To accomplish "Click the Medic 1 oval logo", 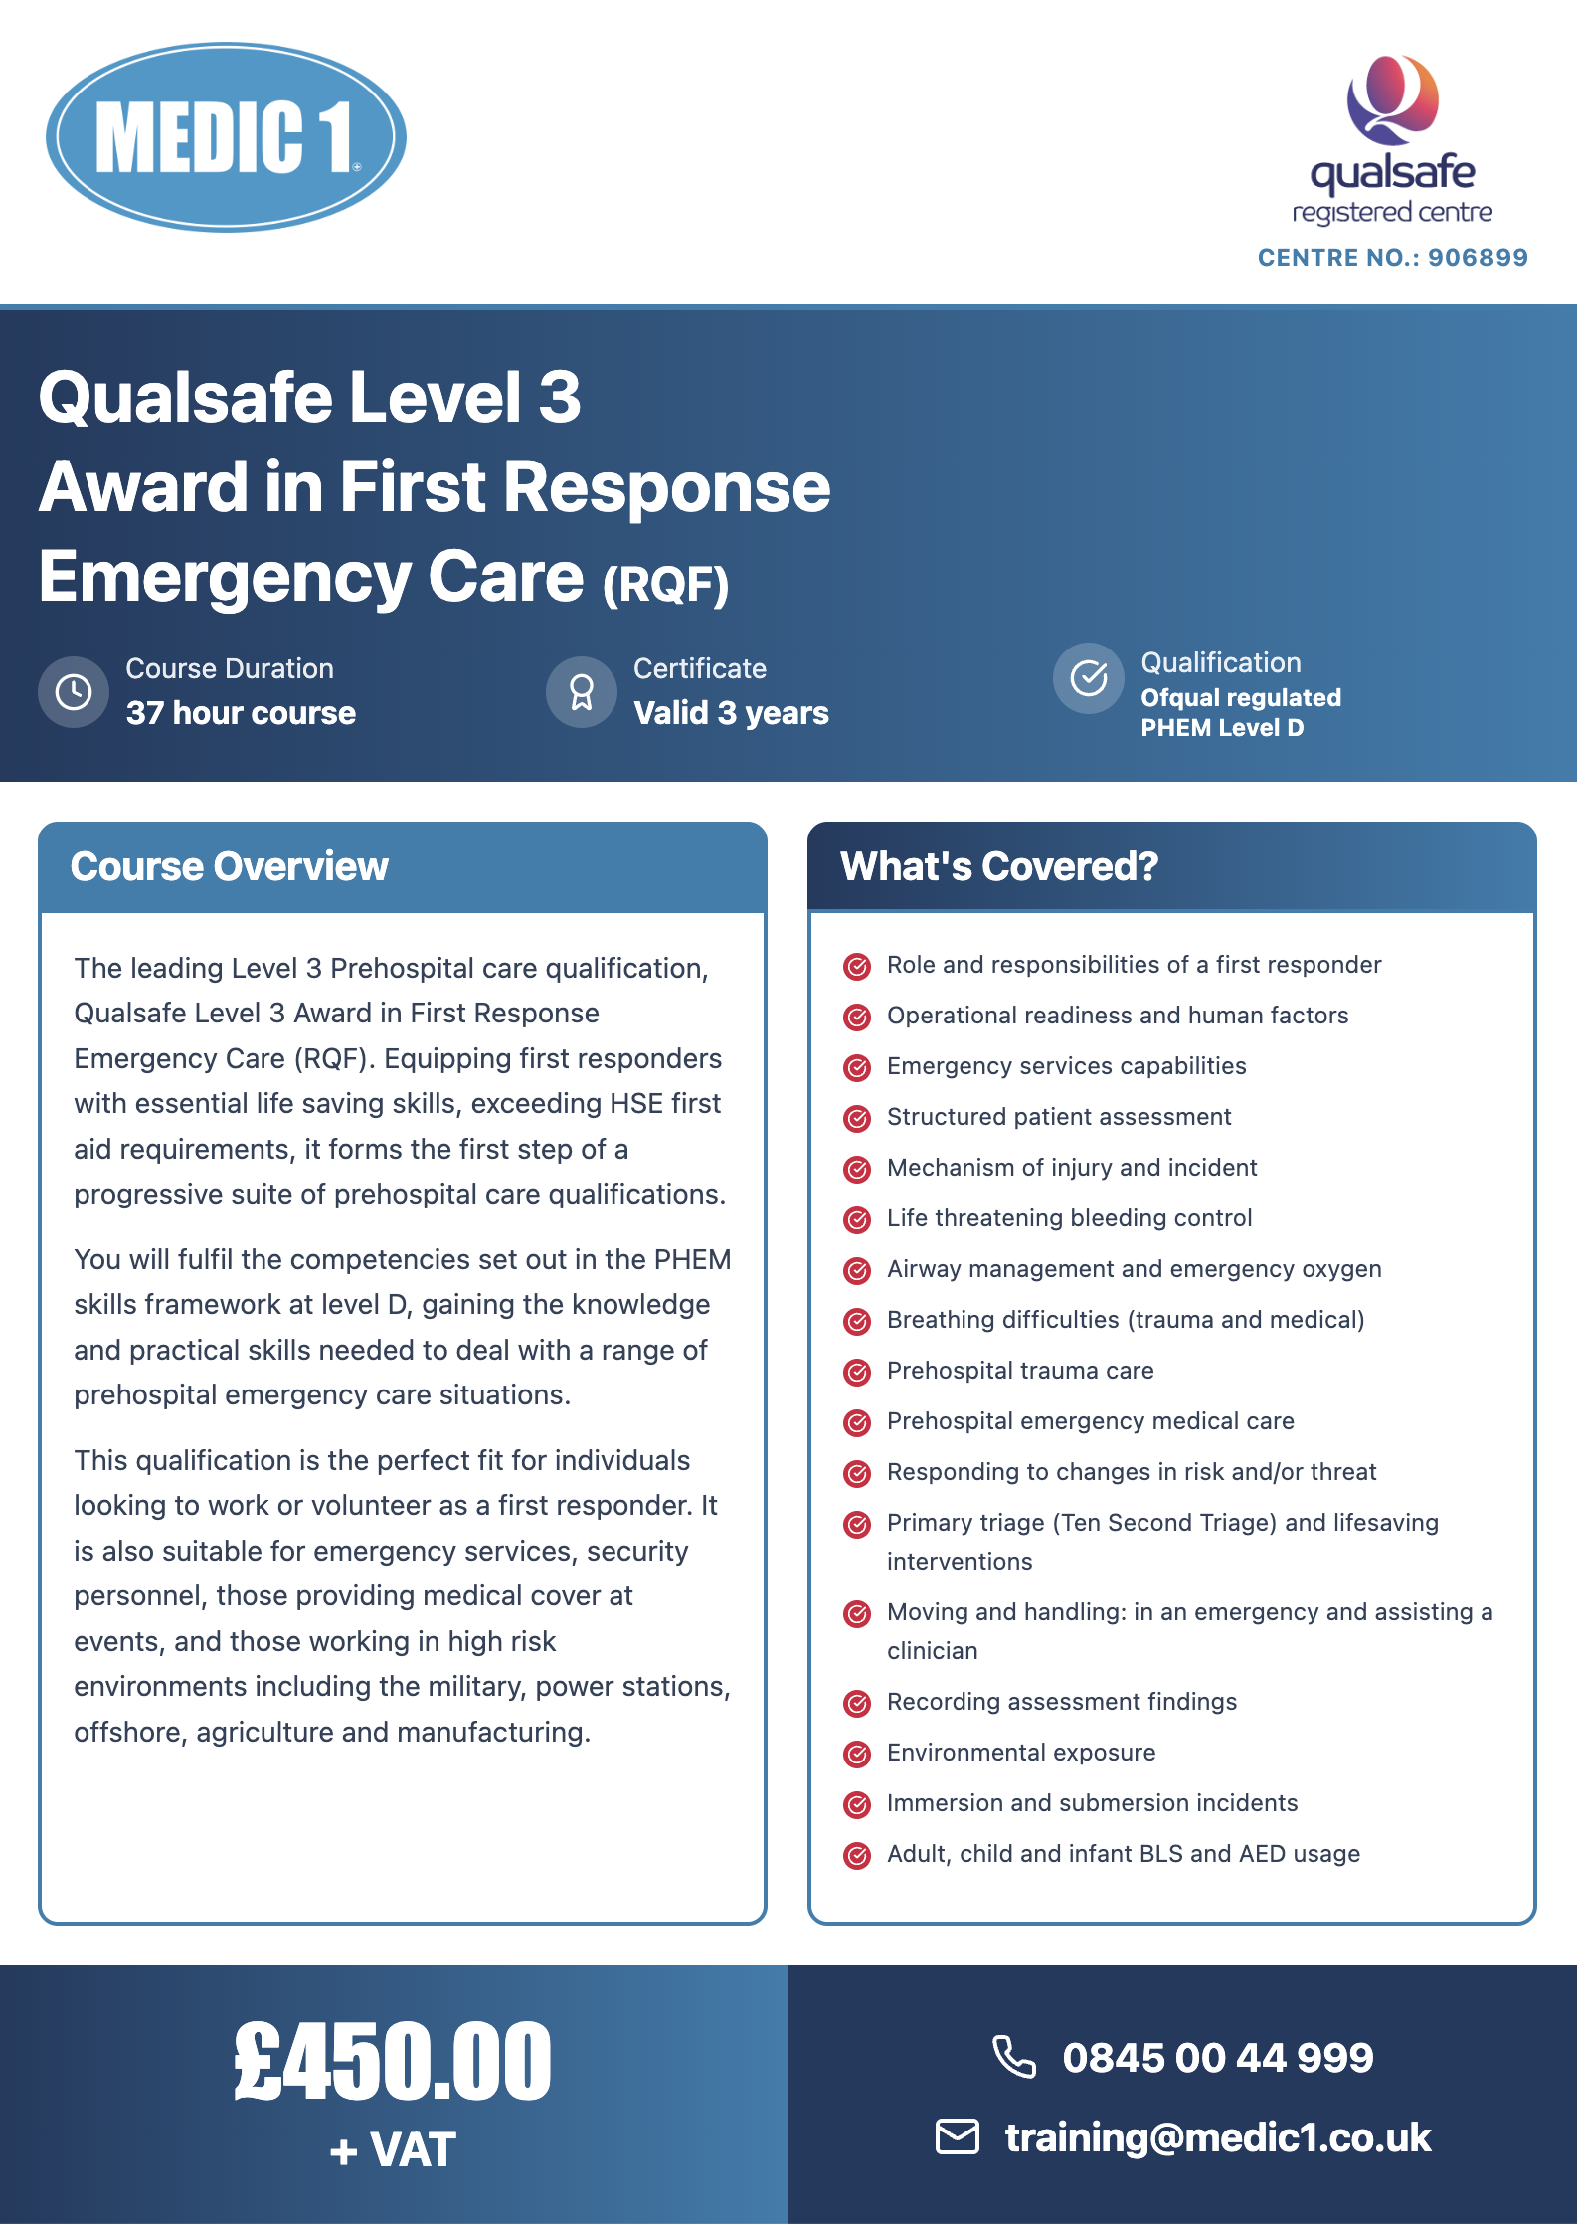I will pos(226,137).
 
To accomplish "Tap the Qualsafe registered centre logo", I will pos(1392,139).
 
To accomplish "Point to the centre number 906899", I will pos(1478,258).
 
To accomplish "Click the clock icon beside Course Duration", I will pos(74,692).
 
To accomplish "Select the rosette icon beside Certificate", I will pos(582,692).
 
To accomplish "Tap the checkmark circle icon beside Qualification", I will pos(1089,678).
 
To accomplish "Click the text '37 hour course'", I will pos(241,713).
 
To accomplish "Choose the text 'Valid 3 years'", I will pos(731,713).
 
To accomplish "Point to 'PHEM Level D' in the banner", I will pos(1222,728).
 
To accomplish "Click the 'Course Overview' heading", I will pos(230,867).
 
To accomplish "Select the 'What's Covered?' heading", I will pos(999,867).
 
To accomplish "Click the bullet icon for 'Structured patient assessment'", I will pos(857,1118).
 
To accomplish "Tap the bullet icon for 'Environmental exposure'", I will pos(857,1754).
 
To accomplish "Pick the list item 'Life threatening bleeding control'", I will pos(1069,1218).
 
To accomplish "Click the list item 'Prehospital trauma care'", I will pos(1020,1371).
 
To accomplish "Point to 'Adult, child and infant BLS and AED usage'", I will pos(1124,1854).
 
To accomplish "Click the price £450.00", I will pos(393,2062).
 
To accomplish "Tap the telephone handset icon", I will pos(1014,2057).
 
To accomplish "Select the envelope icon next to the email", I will pos(958,2136).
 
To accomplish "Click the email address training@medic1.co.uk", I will pos(1218,2137).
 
